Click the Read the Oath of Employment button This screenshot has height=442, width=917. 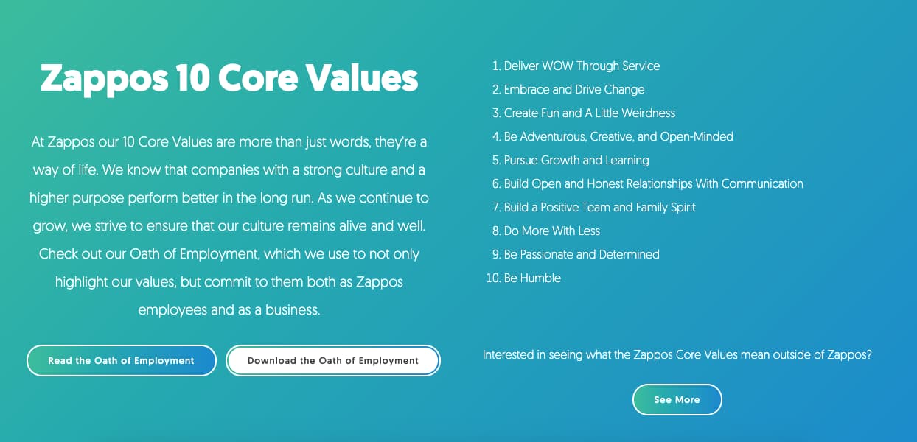pos(121,361)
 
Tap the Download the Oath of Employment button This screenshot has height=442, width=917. pos(332,361)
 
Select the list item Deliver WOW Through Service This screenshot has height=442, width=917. pos(582,66)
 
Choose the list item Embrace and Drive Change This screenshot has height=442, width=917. pos(573,89)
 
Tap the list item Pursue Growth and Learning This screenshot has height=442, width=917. pos(576,160)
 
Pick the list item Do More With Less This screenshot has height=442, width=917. pos(551,231)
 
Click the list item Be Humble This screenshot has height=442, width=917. pos(532,278)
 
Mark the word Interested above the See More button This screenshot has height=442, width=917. pos(509,354)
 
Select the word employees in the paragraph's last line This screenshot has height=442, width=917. pos(172,310)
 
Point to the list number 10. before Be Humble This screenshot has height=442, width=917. pos(492,278)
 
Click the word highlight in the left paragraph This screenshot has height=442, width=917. pos(83,282)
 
